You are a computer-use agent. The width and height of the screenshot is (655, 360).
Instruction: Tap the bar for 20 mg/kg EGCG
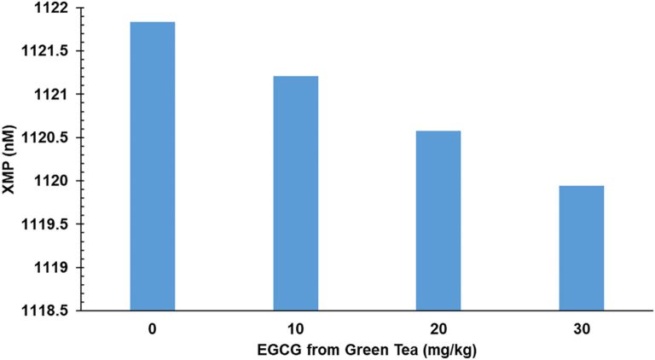click(x=438, y=221)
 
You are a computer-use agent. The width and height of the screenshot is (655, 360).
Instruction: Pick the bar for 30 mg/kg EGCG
click(x=582, y=248)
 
